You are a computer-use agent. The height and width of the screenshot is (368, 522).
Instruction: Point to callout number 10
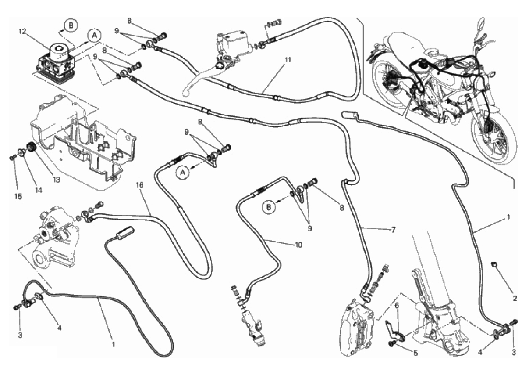click(298, 245)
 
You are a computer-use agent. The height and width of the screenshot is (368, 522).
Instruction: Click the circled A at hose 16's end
click(184, 173)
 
